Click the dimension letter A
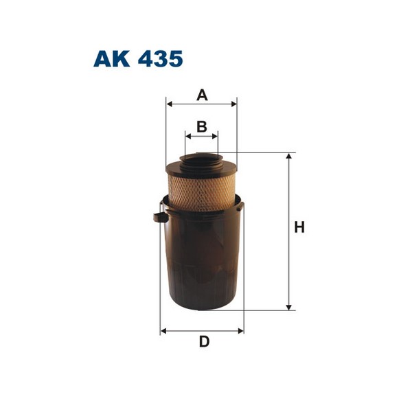point(202,95)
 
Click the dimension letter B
point(202,126)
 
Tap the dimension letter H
point(299,227)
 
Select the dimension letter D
point(204,342)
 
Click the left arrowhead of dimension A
point(170,104)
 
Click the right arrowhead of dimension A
point(233,104)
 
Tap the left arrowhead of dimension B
point(188,136)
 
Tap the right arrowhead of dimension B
point(214,136)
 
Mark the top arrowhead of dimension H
point(289,157)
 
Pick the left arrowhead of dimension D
point(163,331)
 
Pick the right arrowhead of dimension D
point(240,331)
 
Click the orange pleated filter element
point(201,189)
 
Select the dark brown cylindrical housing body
point(201,261)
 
